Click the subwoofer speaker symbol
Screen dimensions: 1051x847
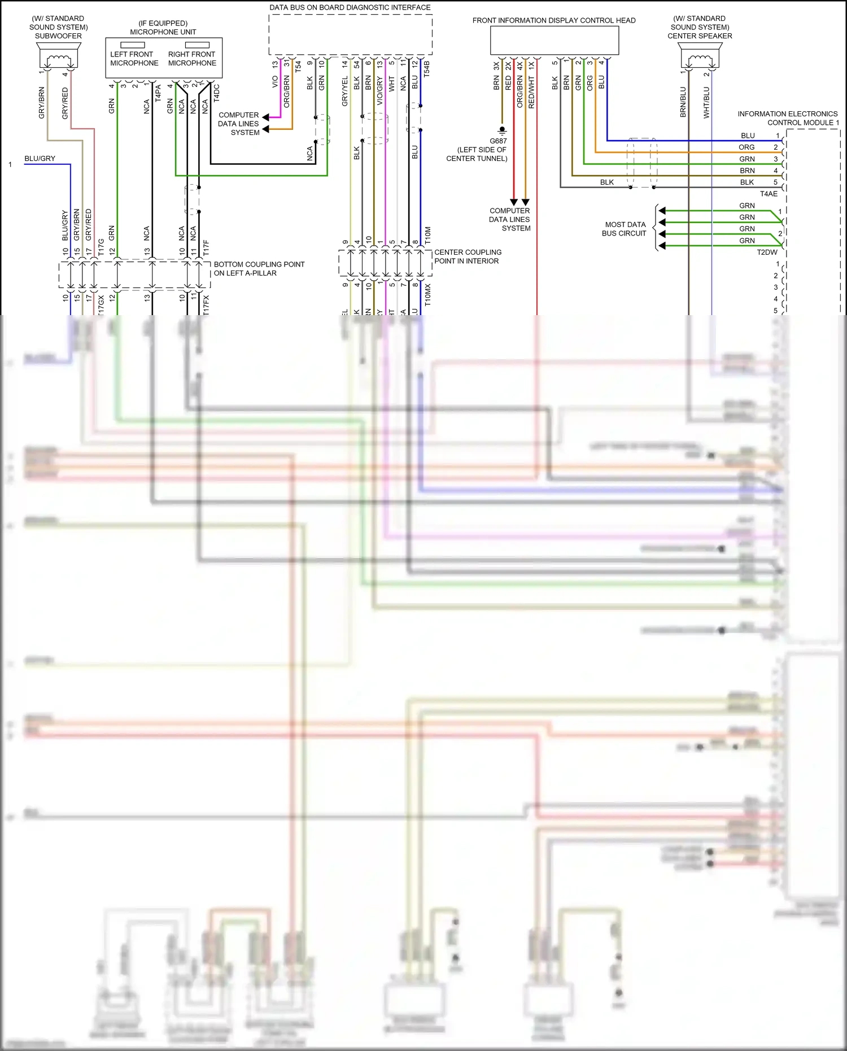click(x=59, y=56)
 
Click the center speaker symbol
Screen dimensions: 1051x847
click(x=700, y=56)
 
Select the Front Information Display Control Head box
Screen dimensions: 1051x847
click(x=554, y=40)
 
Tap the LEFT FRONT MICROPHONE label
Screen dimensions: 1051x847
click(x=134, y=59)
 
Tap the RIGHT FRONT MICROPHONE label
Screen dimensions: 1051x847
click(x=192, y=59)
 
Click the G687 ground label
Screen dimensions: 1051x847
click(x=498, y=141)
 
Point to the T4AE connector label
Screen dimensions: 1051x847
click(x=769, y=194)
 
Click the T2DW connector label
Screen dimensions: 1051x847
click(x=767, y=252)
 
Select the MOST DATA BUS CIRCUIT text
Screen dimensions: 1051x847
click(x=625, y=229)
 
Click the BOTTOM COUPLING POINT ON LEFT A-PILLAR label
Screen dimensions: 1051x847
click(x=259, y=269)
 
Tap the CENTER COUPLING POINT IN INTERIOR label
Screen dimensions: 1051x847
click(x=467, y=257)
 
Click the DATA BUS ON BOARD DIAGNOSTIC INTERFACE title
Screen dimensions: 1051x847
click(x=350, y=7)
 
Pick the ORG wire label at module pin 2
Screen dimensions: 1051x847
click(x=746, y=147)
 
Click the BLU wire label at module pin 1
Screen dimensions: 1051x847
click(x=748, y=136)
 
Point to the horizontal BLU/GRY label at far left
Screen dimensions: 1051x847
click(x=40, y=159)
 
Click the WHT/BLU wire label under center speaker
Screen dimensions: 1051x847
click(x=706, y=102)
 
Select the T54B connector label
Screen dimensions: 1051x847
click(x=427, y=68)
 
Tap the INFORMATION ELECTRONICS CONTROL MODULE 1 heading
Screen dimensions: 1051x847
click(x=788, y=118)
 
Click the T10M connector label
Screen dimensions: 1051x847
click(x=427, y=235)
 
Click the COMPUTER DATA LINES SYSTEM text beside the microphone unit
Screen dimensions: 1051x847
click(x=238, y=124)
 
